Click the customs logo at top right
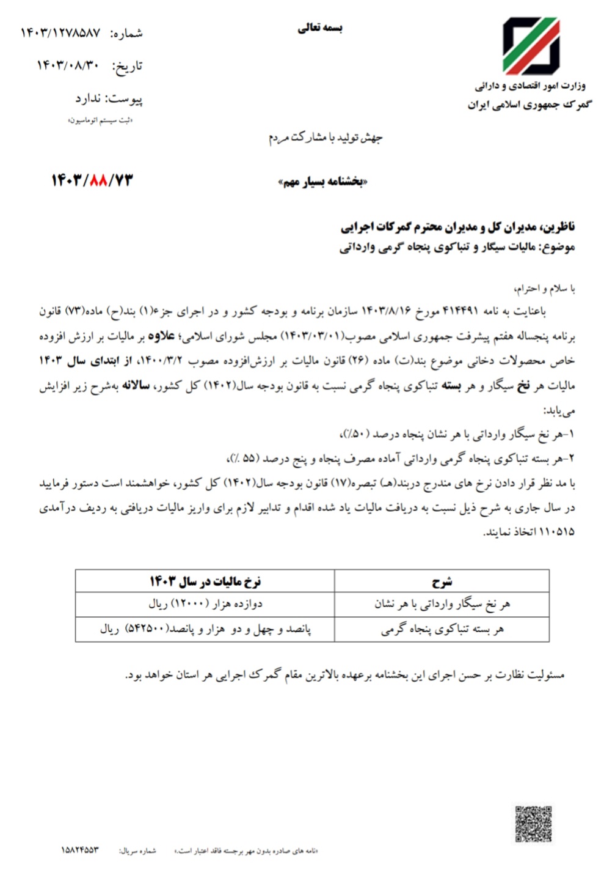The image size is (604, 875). pos(530,46)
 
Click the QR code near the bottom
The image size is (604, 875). pos(533,824)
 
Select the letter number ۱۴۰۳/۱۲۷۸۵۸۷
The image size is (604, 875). pos(60,33)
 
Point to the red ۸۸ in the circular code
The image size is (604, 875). pos(98,180)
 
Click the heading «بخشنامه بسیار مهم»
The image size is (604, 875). pos(322,182)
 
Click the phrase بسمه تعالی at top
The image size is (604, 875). pos(320,28)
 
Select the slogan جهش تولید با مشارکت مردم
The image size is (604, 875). pos(325,138)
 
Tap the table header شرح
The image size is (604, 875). pos(442,581)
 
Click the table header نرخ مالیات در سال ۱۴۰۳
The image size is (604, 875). pos(205,581)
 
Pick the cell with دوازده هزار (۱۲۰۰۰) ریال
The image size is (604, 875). pos(205,604)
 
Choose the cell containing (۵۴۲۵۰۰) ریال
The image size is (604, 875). pos(205,629)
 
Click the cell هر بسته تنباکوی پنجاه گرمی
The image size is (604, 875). pos(442,629)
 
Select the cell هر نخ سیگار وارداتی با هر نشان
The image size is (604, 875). pos(442,604)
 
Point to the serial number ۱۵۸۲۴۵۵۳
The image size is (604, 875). pos(79,851)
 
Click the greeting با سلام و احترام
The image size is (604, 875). pos(545,288)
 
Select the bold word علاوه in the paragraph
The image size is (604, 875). pos(165,336)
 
